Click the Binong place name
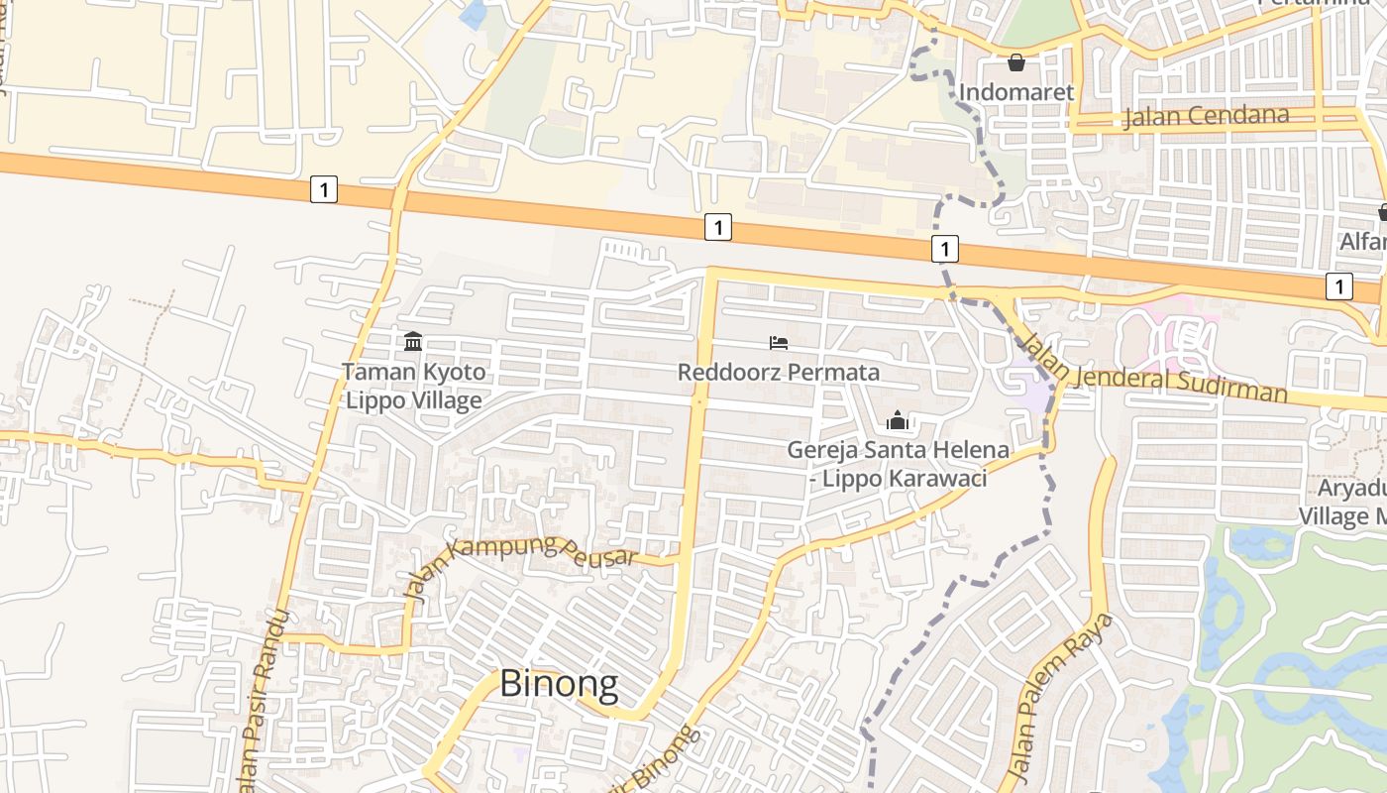558,684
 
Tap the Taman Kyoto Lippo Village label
413,386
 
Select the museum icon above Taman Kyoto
413,342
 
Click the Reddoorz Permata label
779,373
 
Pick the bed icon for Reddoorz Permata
779,343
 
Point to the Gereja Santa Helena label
898,463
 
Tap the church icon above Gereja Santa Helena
898,420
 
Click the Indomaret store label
1016,92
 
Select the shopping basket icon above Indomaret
1016,63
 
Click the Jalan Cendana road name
1206,116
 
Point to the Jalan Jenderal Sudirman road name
1154,373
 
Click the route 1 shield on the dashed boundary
945,248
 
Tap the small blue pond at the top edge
475,13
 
